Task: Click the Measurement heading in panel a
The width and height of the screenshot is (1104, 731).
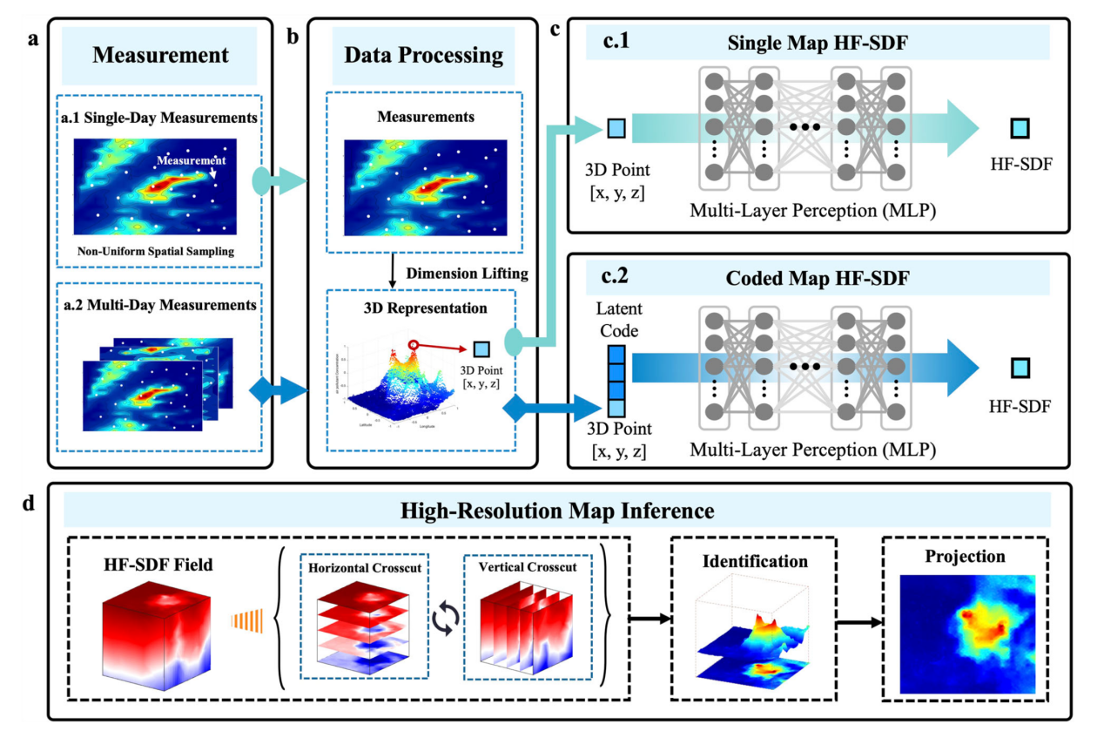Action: tap(160, 56)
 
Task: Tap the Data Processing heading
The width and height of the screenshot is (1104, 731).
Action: tap(423, 56)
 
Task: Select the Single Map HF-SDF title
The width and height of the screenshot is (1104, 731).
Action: tap(817, 41)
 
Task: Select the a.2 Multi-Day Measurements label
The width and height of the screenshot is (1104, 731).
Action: tap(159, 305)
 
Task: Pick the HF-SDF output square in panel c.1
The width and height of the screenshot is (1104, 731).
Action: tap(1020, 130)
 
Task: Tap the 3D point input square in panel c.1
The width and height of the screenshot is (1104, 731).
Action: tap(616, 130)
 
